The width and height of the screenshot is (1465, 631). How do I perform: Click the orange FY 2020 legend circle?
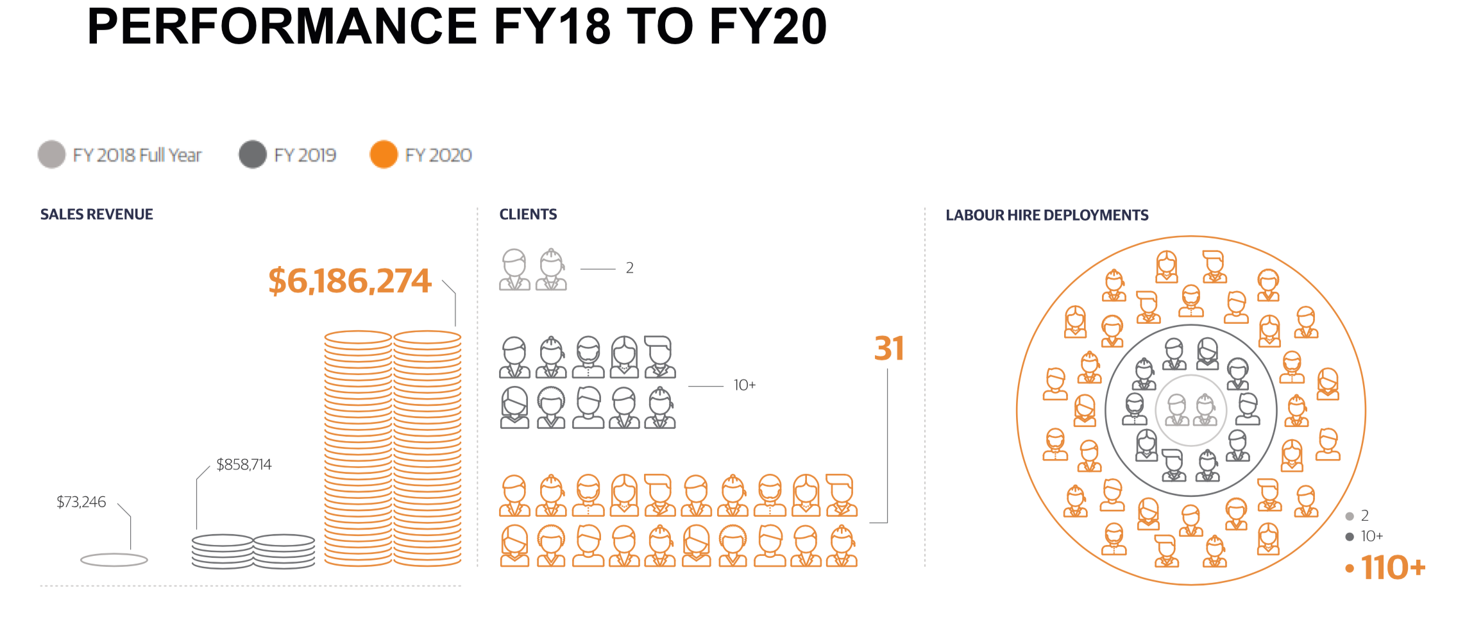(384, 155)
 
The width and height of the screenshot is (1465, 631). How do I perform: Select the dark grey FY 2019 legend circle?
(253, 155)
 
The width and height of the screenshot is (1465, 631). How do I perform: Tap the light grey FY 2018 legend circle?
(52, 155)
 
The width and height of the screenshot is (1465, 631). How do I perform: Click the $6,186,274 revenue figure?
(350, 281)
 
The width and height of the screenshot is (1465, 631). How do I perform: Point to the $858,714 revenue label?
(244, 464)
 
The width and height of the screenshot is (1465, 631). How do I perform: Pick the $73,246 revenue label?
(81, 501)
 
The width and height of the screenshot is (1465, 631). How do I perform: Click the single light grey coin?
(114, 560)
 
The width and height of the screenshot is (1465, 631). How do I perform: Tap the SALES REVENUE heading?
(97, 214)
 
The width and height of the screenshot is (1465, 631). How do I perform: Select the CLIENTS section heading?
(528, 214)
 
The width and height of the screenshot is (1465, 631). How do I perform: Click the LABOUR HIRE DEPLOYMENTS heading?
(1047, 215)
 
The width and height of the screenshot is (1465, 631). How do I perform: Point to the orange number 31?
(889, 349)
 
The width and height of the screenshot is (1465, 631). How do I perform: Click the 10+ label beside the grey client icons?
(744, 385)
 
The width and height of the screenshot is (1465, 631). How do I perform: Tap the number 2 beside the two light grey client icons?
(630, 268)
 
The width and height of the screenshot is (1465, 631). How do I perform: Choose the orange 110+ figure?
(1393, 568)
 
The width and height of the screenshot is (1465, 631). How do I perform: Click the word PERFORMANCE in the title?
(282, 27)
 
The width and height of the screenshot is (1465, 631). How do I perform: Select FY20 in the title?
(768, 27)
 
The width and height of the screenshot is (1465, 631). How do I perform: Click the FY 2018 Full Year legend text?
(137, 155)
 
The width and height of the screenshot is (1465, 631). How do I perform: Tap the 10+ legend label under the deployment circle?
(1372, 536)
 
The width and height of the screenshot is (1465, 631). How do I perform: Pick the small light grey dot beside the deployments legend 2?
(1350, 516)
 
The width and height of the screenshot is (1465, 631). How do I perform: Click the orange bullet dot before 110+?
(1350, 568)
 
